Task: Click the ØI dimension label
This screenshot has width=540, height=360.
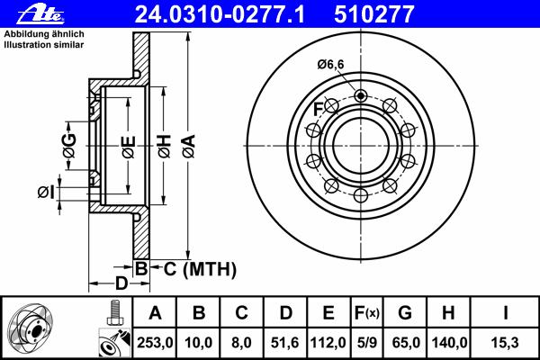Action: click(x=46, y=192)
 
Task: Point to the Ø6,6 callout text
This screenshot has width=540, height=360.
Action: click(x=331, y=63)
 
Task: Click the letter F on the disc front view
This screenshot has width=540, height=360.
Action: click(x=318, y=110)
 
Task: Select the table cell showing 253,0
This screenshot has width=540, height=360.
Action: click(x=155, y=342)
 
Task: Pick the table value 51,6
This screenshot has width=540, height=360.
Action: click(x=285, y=342)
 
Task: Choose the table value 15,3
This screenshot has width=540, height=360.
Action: click(x=507, y=342)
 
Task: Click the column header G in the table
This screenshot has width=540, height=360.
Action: click(x=405, y=313)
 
